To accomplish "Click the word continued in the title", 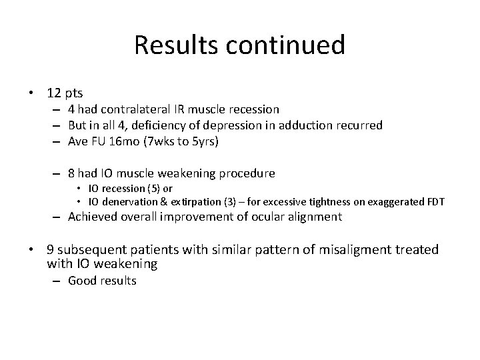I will point(288,45).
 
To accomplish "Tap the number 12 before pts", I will point(54,93).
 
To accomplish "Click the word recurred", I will point(357,125).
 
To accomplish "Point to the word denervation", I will point(127,201).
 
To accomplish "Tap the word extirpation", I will point(191,201).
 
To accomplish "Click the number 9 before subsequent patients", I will point(51,250).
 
